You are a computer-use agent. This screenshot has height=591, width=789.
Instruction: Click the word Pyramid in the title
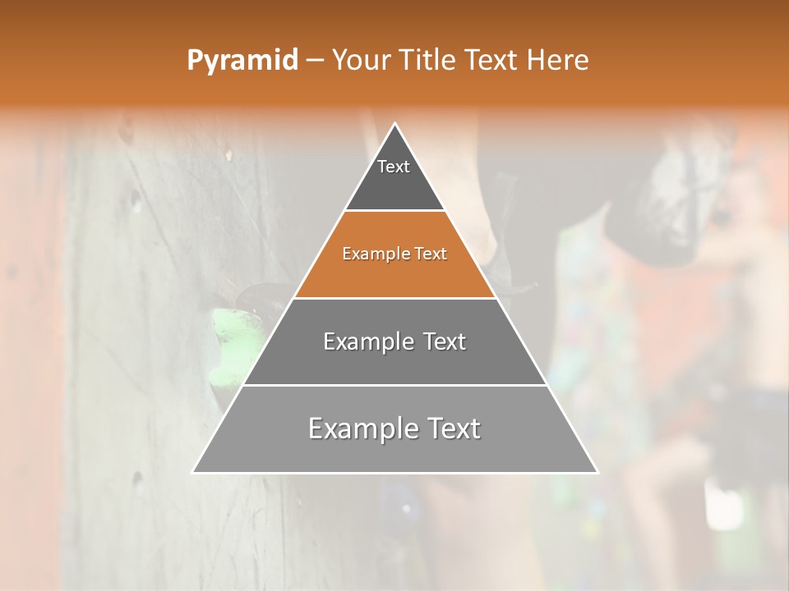click(x=242, y=60)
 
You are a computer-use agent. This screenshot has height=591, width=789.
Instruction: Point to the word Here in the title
click(x=557, y=60)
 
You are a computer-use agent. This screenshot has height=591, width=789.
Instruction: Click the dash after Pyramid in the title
click(x=314, y=61)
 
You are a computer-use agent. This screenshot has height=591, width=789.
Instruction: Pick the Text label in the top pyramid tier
click(x=394, y=167)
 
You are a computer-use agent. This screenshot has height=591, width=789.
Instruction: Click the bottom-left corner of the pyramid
click(x=194, y=472)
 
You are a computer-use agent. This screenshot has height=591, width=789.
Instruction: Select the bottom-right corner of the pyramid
click(x=597, y=472)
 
